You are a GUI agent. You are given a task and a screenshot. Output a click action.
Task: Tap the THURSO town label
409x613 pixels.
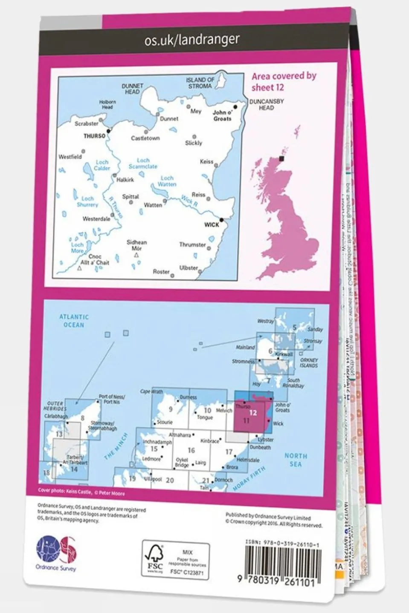coord(94,136)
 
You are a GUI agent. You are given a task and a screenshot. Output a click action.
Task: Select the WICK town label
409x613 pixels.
coord(212,224)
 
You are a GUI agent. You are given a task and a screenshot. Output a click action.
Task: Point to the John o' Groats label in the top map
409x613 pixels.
coord(222,115)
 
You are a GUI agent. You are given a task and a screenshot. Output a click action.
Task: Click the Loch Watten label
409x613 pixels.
coord(167,181)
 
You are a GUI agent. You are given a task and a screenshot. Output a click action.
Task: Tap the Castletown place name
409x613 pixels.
coord(145,138)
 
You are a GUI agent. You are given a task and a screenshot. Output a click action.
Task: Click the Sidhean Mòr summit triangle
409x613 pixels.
coord(136,255)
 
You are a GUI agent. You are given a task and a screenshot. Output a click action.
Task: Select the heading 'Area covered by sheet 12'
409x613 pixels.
coord(284,81)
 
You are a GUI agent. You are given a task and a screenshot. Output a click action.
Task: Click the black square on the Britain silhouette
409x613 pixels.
coord(281,158)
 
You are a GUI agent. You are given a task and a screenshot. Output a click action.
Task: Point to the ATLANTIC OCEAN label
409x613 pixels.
coord(74,321)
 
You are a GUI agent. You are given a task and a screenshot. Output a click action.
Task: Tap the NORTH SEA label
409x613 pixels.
coord(296,460)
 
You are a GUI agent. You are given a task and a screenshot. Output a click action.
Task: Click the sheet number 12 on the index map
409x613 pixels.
coord(253,412)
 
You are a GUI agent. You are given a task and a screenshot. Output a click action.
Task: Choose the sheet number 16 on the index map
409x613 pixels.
coord(191,450)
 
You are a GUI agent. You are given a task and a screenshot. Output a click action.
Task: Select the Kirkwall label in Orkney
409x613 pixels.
coord(284,354)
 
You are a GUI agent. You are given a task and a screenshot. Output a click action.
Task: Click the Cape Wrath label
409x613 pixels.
coord(151,391)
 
